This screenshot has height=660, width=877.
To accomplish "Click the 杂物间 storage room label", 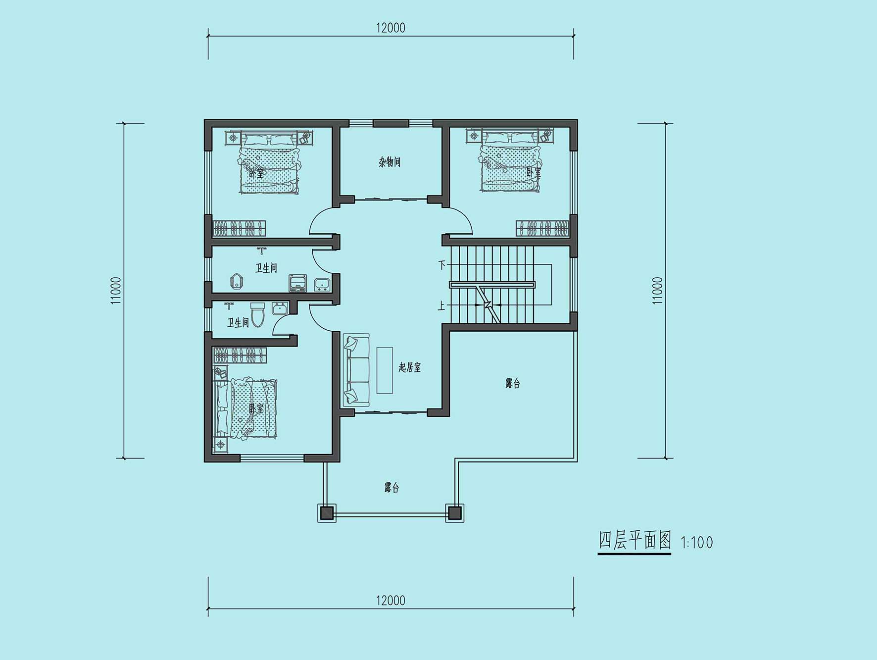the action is pos(390,162).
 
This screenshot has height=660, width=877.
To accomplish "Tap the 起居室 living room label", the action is pos(410,367).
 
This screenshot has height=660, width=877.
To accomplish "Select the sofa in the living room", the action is pos(356,368).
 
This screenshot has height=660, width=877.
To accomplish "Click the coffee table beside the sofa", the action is pos(385,370).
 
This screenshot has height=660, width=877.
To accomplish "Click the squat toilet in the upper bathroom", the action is pos(237,282).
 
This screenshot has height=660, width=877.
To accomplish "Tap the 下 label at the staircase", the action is pos(441,264).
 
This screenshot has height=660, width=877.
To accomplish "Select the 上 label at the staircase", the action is pos(441,306).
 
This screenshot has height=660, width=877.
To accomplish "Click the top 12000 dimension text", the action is pos(390,28).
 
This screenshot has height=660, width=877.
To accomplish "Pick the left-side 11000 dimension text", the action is pos(116,291).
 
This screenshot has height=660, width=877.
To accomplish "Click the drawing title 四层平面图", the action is pos(634,540).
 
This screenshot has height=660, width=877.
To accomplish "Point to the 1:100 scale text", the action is pos(697,543).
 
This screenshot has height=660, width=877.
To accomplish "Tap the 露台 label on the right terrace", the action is pos(513,383).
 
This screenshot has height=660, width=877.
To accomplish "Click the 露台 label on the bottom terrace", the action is pos(391,488).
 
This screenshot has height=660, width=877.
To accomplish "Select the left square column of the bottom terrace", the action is pos(327,513).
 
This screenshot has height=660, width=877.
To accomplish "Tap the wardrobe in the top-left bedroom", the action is pos(240,228).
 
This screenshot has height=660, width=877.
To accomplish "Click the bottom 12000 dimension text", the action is pos(390,601).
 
